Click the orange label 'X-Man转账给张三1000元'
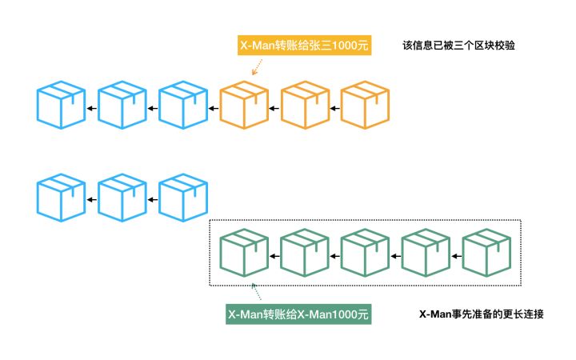tap(304, 45)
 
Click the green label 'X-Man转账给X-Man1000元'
tap(298, 314)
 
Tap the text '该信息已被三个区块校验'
tap(459, 45)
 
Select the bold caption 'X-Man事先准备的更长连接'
tap(482, 314)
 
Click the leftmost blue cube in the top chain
tap(61, 105)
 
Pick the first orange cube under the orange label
tap(244, 105)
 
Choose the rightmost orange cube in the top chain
tap(365, 105)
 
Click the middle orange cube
tap(305, 105)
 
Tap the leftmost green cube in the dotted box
tap(244, 253)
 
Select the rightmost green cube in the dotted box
tap(486, 253)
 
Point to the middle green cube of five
tap(365, 253)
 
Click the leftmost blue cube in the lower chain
tap(61, 198)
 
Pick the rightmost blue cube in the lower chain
tap(183, 198)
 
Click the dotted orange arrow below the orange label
tap(257, 67)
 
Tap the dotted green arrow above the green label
tap(256, 291)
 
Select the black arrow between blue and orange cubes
tap(214, 108)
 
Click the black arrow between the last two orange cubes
tap(334, 108)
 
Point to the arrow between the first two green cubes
tap(274, 256)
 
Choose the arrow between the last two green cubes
tap(456, 256)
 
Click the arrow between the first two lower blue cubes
tap(92, 200)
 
